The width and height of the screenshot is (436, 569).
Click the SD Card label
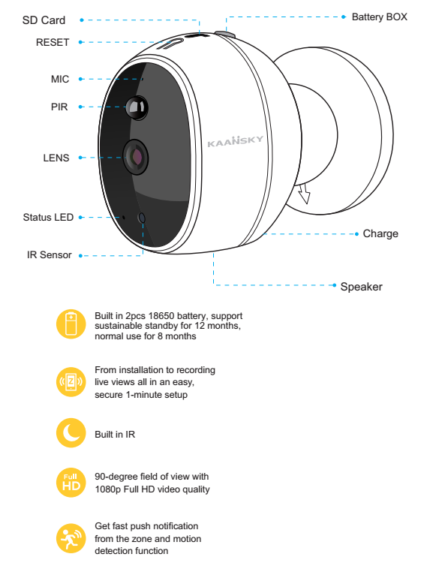pyautogui.click(x=44, y=20)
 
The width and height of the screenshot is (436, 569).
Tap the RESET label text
pyautogui.click(x=53, y=43)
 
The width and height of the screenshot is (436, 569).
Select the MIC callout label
pyautogui.click(x=60, y=79)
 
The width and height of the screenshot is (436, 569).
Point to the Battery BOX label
pyautogui.click(x=380, y=17)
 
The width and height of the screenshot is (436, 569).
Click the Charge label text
pyautogui.click(x=380, y=233)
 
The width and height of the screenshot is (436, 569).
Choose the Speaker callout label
pyautogui.click(x=361, y=287)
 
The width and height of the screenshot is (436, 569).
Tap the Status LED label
pyautogui.click(x=48, y=218)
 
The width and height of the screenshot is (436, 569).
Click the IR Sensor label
pyautogui.click(x=50, y=255)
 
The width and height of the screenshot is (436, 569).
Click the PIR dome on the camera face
pyautogui.click(x=137, y=107)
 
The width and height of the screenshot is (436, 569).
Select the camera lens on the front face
pyautogui.click(x=136, y=157)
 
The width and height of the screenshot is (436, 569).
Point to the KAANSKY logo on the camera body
pyautogui.click(x=235, y=141)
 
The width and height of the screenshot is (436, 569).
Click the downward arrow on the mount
pyautogui.click(x=305, y=193)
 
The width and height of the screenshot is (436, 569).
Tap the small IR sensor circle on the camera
pyautogui.click(x=142, y=218)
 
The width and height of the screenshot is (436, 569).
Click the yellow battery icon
pyautogui.click(x=71, y=324)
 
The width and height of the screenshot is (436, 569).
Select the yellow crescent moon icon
pyautogui.click(x=71, y=433)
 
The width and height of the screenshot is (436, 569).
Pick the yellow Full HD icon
pyautogui.click(x=71, y=483)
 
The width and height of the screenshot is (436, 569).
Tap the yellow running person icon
pyautogui.click(x=71, y=538)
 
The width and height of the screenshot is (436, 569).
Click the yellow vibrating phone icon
pyautogui.click(x=71, y=382)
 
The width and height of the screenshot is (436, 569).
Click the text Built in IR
pyautogui.click(x=115, y=435)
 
